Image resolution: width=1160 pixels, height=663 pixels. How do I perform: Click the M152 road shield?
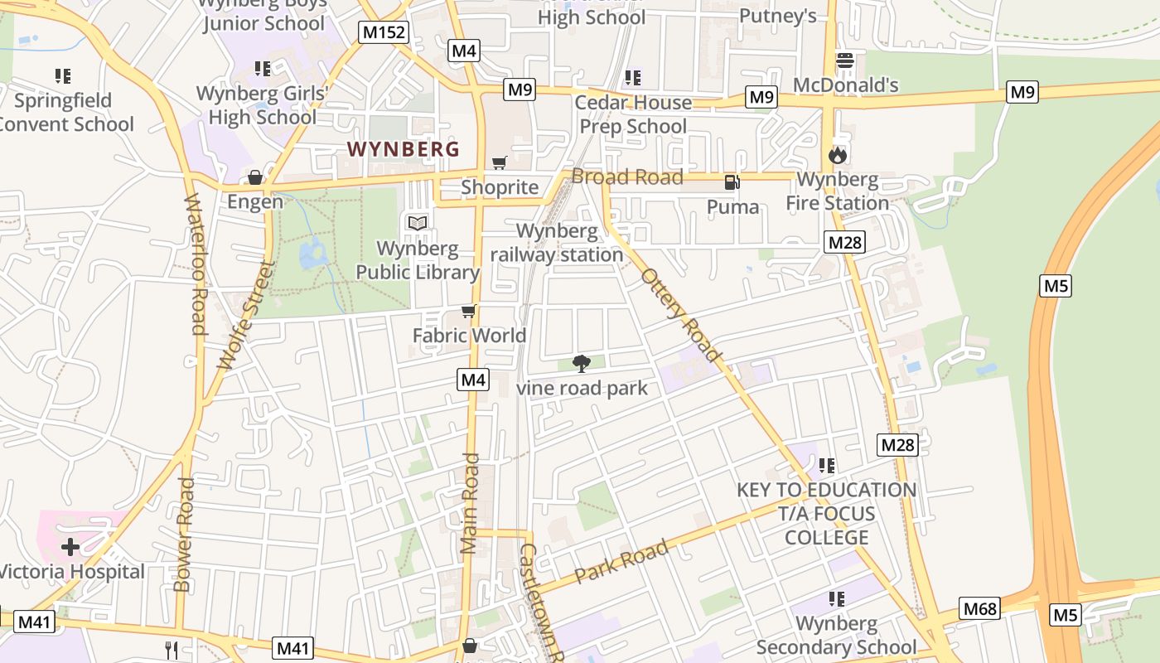point(384,32)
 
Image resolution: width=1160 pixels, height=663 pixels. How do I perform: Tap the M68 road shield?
point(980,609)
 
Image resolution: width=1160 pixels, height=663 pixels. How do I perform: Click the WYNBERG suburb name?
point(403,149)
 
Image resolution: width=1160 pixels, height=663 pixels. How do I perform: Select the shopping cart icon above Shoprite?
point(499,163)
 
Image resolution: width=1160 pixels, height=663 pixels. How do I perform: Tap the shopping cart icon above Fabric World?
point(469,312)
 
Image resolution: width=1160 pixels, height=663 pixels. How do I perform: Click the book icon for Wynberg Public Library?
point(418,223)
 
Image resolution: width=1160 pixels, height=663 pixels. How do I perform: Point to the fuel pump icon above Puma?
point(732,182)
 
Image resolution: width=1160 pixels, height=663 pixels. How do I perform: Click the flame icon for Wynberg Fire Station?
point(838,155)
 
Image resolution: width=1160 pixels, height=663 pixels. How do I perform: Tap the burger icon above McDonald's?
point(845,60)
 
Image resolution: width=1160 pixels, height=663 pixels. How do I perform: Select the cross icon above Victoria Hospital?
point(70,547)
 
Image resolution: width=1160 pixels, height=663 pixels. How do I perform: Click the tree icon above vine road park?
point(582,363)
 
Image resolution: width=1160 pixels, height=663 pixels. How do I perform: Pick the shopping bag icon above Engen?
point(255,177)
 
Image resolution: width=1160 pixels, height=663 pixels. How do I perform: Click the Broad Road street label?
point(627,177)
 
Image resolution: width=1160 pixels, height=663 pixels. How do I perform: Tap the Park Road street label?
point(621,562)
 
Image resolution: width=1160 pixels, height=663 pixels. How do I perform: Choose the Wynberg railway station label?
point(557,243)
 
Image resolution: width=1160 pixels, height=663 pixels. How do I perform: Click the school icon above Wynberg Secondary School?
point(837,598)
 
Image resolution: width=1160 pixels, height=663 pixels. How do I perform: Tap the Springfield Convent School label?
point(65,113)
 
